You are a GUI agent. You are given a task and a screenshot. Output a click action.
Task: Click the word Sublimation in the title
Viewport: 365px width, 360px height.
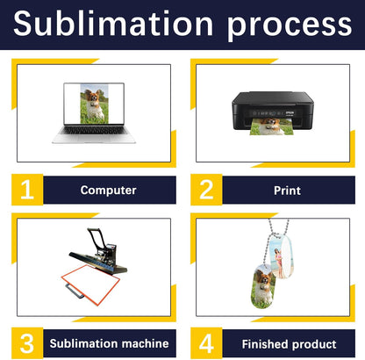113,24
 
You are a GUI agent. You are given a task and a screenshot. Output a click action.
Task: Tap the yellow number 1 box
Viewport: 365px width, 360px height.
27,190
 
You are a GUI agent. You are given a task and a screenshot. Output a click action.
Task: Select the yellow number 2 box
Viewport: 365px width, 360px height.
206,190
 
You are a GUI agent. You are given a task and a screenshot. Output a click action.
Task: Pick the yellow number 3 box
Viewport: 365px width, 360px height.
27,343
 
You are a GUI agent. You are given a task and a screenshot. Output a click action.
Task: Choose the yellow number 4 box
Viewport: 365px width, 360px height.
206,343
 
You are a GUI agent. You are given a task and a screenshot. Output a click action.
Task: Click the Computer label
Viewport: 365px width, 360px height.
108,191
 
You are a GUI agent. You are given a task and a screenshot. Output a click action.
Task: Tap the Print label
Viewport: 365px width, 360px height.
287,191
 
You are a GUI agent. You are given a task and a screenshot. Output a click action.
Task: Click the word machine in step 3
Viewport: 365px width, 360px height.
145,343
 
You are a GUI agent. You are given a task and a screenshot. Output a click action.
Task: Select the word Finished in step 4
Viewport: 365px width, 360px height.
265,344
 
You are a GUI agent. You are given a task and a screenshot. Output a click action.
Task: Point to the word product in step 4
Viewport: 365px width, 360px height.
313,344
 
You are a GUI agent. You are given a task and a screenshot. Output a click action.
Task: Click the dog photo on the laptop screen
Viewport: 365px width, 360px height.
94,104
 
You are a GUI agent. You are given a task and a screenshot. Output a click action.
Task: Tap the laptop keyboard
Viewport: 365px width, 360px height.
94,130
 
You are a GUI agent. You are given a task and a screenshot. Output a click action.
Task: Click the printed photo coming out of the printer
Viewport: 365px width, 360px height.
272,126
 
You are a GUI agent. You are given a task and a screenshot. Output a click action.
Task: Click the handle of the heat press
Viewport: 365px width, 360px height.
96,236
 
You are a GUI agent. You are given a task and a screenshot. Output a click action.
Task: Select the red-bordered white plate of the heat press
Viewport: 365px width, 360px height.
90,284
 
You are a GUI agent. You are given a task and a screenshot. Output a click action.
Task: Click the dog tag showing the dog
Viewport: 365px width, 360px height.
262,286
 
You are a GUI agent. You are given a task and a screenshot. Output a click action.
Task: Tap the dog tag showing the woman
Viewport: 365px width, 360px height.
281,256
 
